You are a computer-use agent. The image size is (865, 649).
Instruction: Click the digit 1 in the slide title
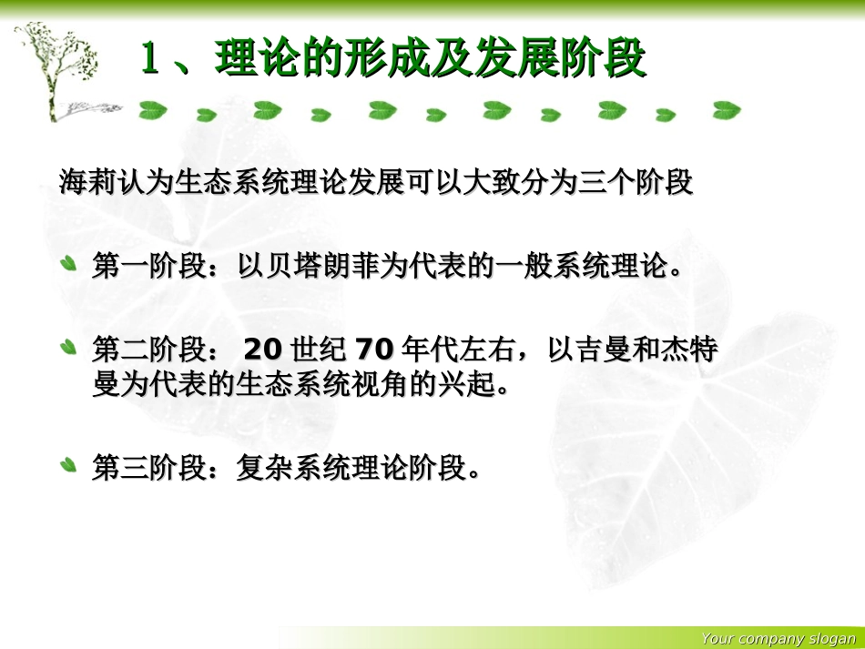pyautogui.click(x=151, y=60)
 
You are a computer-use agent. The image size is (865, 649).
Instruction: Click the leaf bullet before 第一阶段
pyautogui.click(x=68, y=266)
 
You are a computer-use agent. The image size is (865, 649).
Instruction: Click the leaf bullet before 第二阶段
pyautogui.click(x=68, y=348)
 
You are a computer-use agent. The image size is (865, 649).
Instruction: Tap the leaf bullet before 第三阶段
pyautogui.click(x=68, y=466)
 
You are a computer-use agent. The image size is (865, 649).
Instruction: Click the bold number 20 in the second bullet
pyautogui.click(x=263, y=350)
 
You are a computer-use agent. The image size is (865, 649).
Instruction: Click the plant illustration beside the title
pyautogui.click(x=59, y=68)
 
